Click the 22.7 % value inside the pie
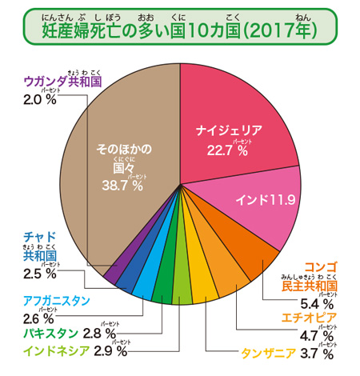coord(226,150)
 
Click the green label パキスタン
coord(50,333)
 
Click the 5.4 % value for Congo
coord(314,303)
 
